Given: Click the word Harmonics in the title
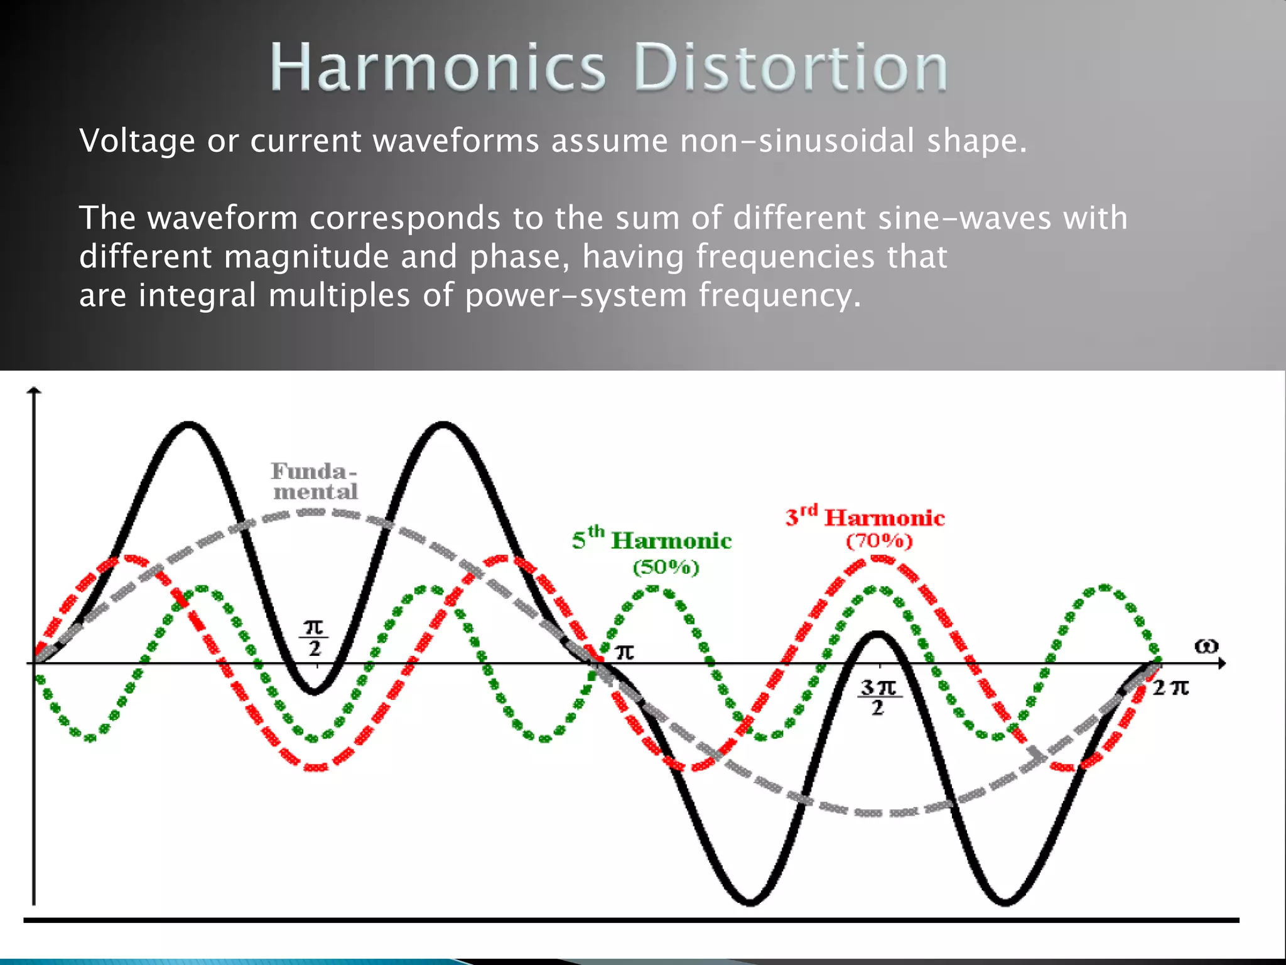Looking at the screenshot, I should click(438, 68).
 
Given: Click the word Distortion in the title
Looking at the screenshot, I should click(791, 68).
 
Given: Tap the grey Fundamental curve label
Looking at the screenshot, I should click(315, 481).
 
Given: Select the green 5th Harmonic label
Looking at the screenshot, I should click(652, 541).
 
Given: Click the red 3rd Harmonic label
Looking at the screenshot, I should click(865, 518).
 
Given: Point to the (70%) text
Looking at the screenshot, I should click(879, 542).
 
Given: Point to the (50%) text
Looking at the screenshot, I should click(666, 568).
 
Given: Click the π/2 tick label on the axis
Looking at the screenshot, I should click(314, 638).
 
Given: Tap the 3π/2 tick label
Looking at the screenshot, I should click(879, 697).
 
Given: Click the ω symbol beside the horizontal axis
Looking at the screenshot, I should click(1206, 646).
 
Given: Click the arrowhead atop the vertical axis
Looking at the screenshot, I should click(35, 391).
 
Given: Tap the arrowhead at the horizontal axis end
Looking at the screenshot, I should click(1221, 663).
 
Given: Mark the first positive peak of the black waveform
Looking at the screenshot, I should click(189, 425).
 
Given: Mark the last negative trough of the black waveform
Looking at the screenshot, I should click(1005, 902).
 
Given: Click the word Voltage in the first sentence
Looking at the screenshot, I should click(137, 141).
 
